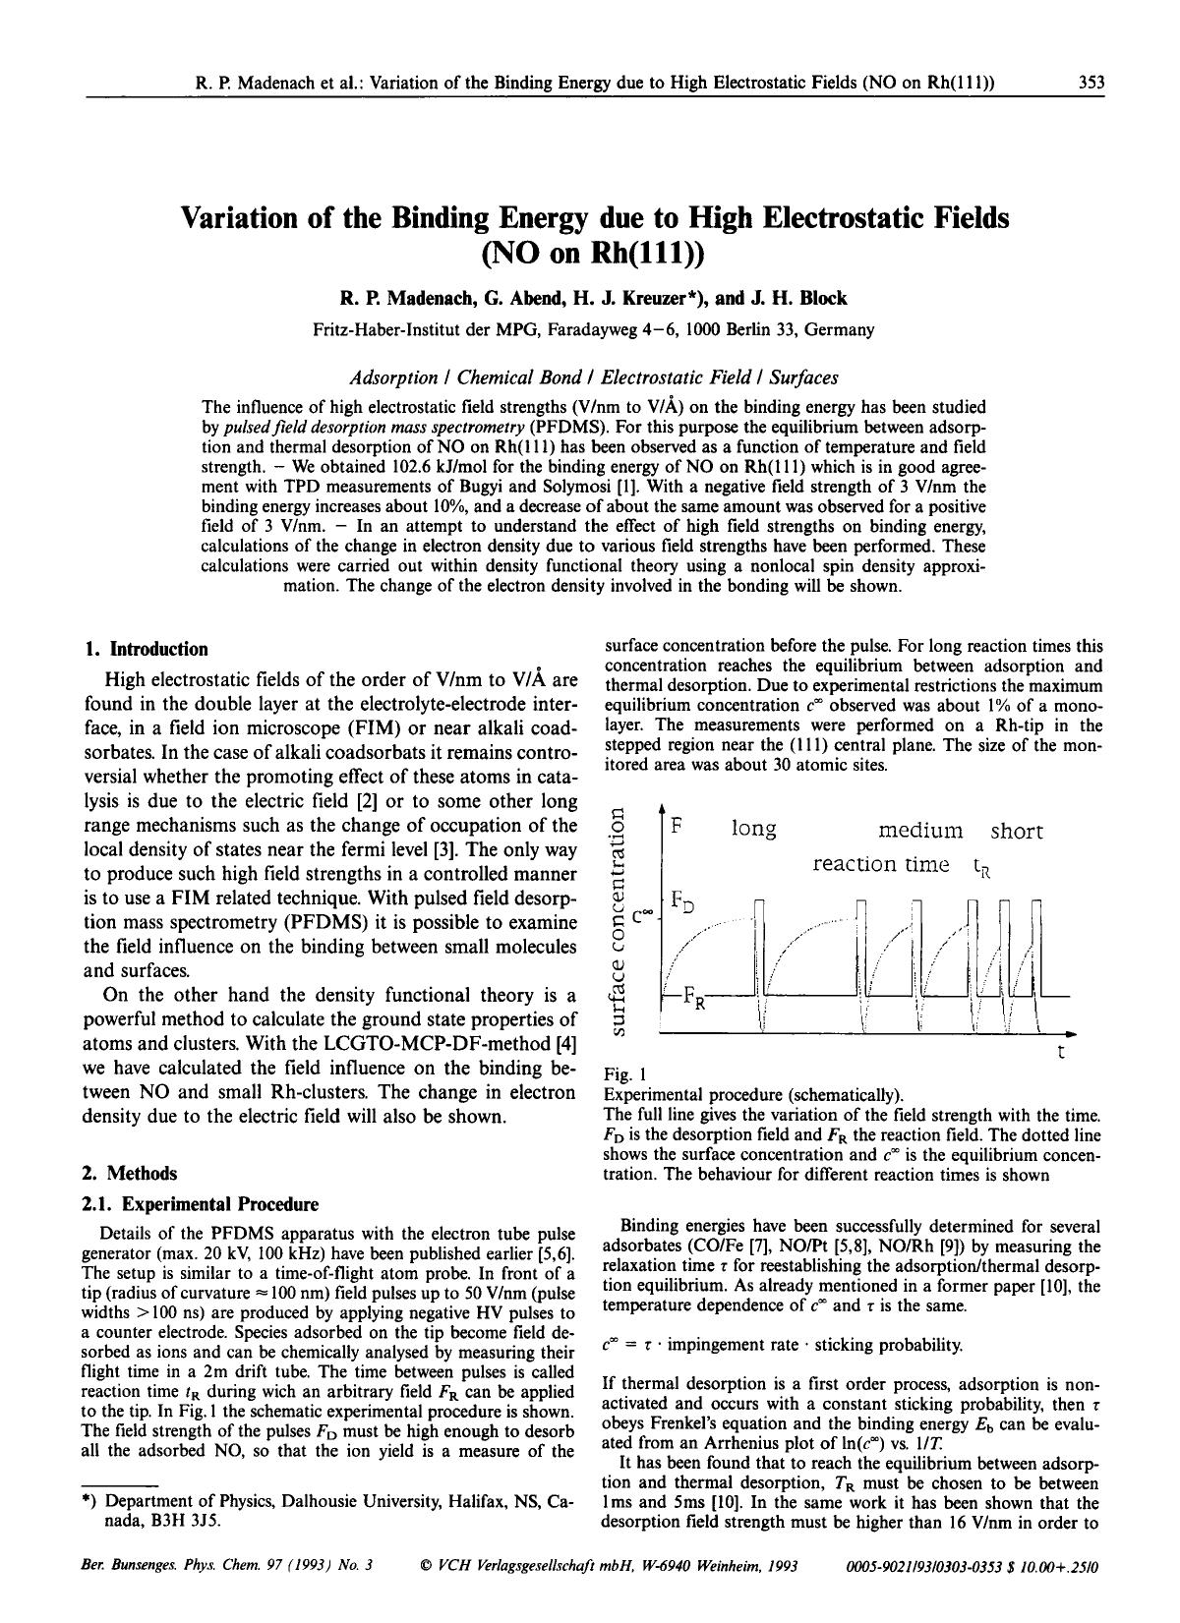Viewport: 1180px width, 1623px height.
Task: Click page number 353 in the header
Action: tap(1091, 84)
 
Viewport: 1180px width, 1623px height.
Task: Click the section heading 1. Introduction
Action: tap(147, 649)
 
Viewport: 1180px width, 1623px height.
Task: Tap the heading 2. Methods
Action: tap(131, 1173)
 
